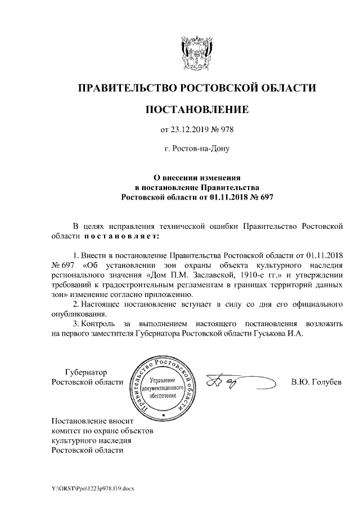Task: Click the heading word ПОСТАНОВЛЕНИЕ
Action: click(196, 109)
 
